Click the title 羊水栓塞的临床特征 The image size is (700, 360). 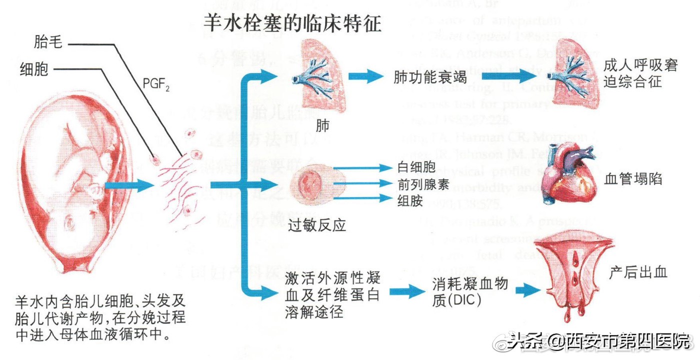[x=292, y=22]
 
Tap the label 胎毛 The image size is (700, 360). [x=48, y=43]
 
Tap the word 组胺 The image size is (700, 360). [x=408, y=200]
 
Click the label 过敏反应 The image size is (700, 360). [x=317, y=226]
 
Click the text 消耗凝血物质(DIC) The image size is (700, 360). [x=469, y=292]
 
